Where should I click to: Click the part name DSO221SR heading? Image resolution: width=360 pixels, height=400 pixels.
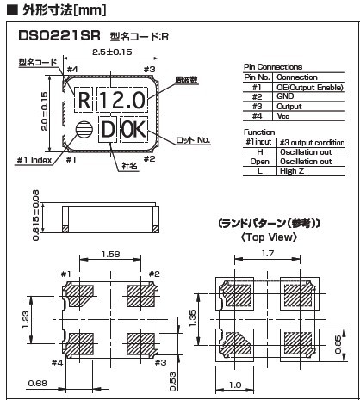coord(59,36)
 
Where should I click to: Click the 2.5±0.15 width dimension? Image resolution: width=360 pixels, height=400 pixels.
coord(112,52)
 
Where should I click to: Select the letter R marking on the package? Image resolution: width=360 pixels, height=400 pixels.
coord(84,101)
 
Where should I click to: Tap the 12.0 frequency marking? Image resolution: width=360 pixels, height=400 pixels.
coord(122,101)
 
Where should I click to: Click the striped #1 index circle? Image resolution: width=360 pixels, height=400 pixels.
coord(84,130)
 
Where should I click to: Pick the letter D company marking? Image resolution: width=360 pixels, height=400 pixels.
coord(108,130)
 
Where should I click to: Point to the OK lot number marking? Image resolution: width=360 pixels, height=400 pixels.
coord(133,130)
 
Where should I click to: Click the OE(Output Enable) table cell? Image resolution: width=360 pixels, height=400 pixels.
coord(310,88)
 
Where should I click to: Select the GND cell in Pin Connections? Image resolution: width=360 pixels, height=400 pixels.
coord(285,96)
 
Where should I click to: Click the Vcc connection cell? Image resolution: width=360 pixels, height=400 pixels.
coord(283,116)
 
